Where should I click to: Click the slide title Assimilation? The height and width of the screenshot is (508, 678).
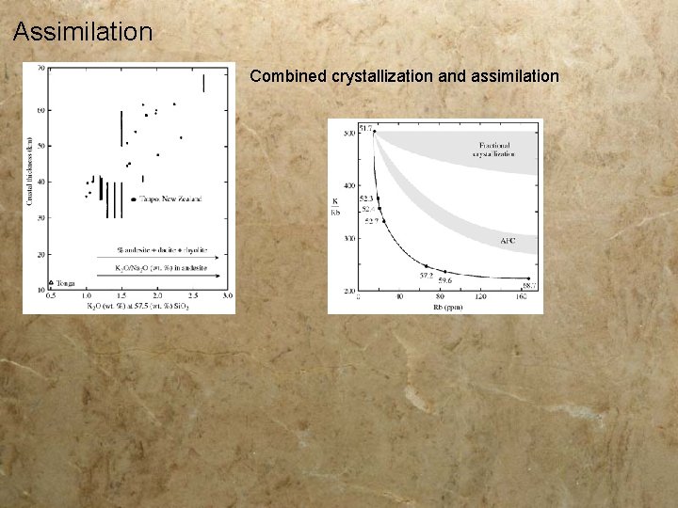83,32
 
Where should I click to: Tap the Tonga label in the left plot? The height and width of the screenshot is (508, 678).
65,282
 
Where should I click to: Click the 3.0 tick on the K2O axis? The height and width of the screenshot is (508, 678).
227,296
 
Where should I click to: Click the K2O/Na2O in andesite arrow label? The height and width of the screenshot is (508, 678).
161,268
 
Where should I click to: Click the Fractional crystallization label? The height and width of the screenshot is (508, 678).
495,150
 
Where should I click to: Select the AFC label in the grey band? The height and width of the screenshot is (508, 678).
508,241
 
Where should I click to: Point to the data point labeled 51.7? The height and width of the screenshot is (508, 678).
374,131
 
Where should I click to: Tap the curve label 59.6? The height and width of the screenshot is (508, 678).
444,280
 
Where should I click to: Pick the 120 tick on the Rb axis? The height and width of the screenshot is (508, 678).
480,297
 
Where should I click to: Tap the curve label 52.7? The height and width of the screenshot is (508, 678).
371,221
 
